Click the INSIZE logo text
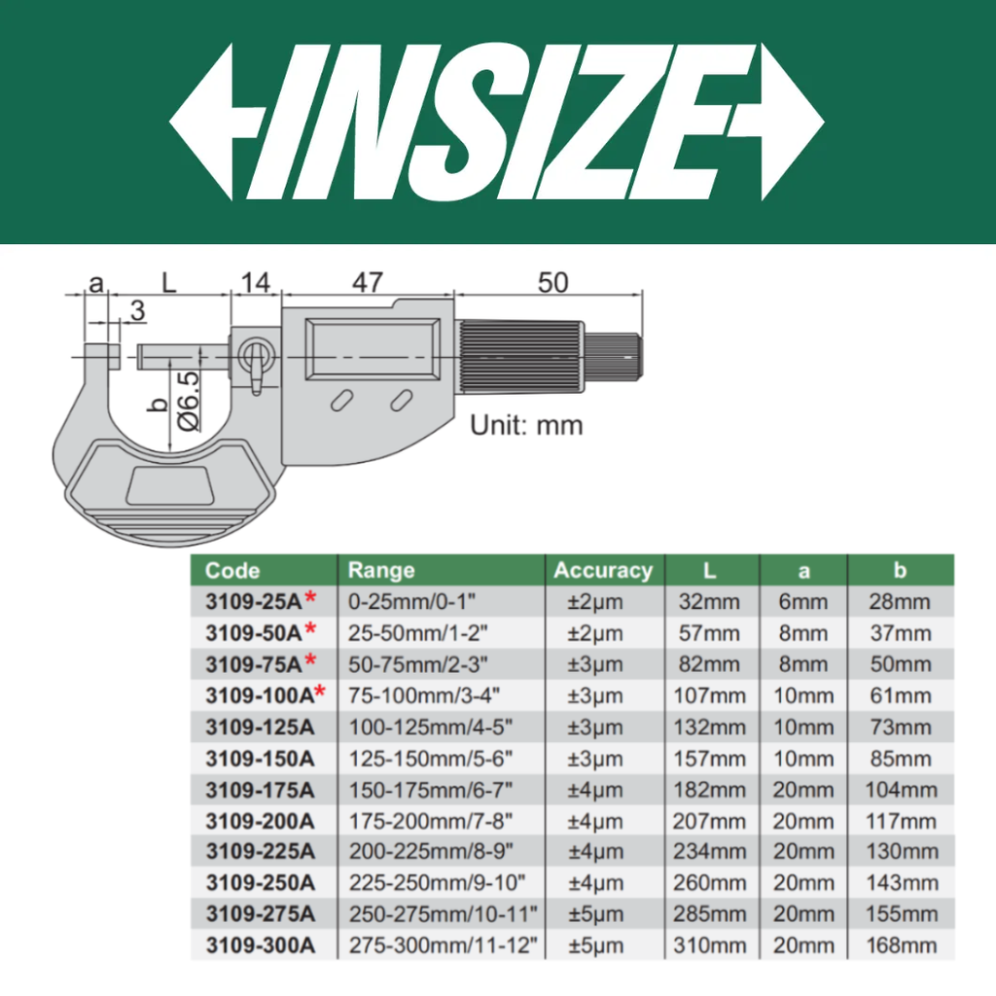click(497, 122)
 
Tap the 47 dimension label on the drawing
click(368, 283)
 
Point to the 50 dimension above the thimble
click(552, 283)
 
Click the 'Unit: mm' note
click(526, 426)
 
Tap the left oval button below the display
click(341, 401)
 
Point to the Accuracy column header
click(603, 570)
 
